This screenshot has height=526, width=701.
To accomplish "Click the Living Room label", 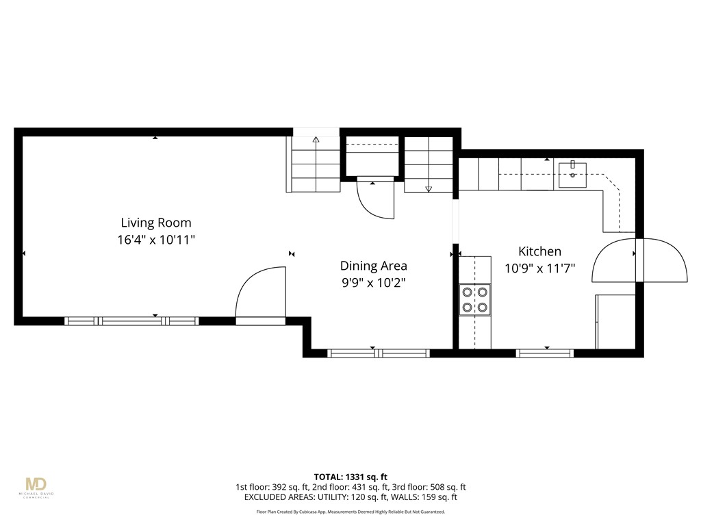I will pos(156,223).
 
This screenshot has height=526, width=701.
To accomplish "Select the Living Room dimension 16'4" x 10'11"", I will pos(156,240).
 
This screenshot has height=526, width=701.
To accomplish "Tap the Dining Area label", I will pos(374,266).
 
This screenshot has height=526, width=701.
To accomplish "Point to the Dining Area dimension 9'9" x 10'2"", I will pos(374,283).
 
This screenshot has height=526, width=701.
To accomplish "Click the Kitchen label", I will pos(539,251).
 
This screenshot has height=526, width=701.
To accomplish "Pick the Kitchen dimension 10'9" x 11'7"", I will pos(539,269).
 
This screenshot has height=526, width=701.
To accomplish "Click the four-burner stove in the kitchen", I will pos(475,299).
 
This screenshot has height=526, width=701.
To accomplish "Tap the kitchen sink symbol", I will pos(572,174).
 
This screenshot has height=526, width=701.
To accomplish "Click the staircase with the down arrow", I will pos(429,164).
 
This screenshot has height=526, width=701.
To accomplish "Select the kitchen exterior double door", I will pos(639,260).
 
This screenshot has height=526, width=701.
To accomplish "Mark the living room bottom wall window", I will pos(131,321).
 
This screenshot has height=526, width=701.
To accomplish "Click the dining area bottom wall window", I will pos(379,353).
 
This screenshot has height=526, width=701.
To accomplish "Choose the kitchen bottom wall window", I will pos(545,353).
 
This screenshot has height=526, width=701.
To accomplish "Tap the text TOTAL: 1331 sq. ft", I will pos(350,477).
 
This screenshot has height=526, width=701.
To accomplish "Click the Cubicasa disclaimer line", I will pos(350,512).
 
